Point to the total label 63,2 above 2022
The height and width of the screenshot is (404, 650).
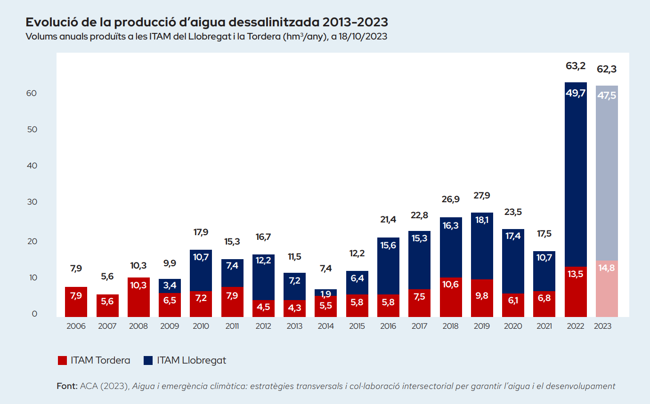click(576, 66)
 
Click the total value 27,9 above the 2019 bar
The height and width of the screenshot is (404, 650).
click(482, 195)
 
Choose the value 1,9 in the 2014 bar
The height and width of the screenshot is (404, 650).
click(326, 294)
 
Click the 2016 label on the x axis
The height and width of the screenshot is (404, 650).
click(388, 326)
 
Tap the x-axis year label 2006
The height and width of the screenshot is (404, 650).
click(76, 326)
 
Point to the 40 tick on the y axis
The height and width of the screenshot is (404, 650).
click(32, 166)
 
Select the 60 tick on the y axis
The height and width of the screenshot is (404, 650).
click(32, 93)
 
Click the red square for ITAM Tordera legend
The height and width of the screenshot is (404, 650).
click(62, 361)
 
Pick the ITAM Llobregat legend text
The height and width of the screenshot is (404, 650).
click(191, 361)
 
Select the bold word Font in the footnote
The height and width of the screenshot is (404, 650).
click(66, 386)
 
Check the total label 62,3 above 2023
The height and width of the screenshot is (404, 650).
click(607, 69)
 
